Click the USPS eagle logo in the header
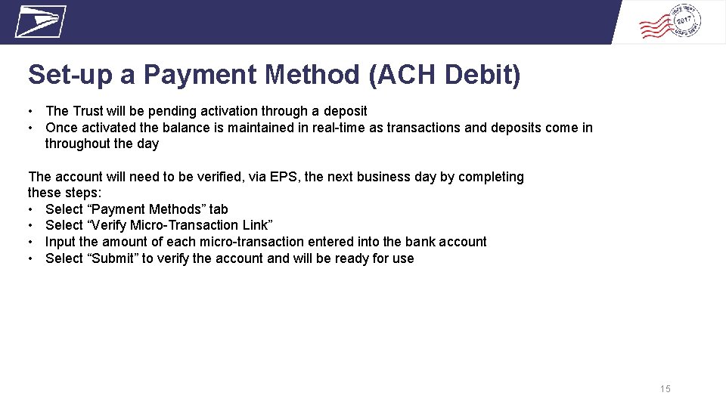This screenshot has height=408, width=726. pos(40,21)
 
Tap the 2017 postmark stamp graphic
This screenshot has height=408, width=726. pos(670,21)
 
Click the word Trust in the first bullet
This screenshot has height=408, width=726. pos(88,111)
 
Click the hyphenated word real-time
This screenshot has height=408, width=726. pos(337,128)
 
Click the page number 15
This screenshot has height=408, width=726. pos(665,388)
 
